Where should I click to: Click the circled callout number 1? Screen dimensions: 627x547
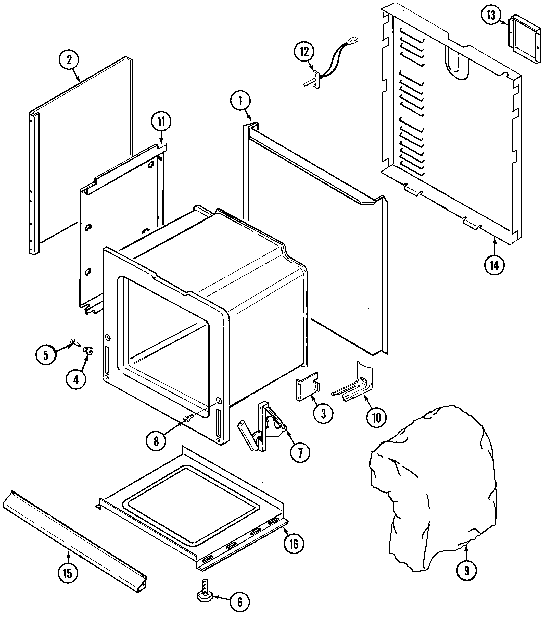(240, 101)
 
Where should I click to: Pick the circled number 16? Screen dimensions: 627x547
(294, 543)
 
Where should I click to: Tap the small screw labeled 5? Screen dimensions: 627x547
(75, 343)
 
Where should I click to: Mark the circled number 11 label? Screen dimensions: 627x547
(161, 121)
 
